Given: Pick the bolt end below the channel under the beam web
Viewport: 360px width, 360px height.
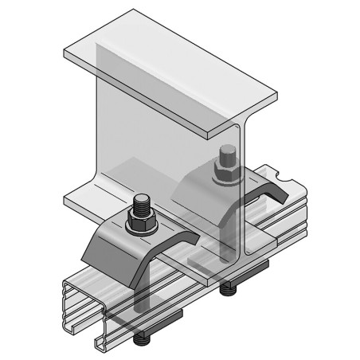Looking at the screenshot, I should [228, 288].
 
